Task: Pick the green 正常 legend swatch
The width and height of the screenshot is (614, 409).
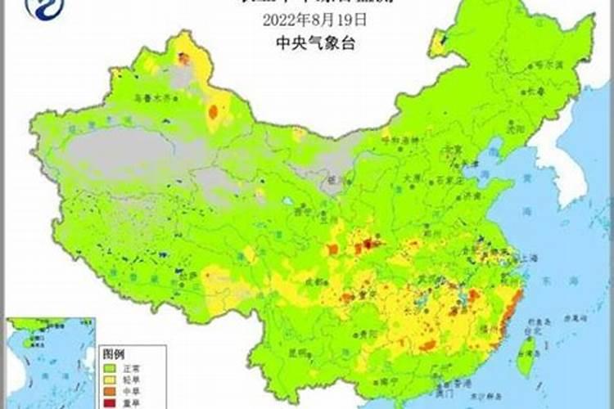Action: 108,367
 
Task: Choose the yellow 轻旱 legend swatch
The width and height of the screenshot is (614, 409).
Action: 108,380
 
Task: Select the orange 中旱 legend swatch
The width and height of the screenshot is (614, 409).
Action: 108,392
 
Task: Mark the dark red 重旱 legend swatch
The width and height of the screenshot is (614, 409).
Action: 108,403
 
